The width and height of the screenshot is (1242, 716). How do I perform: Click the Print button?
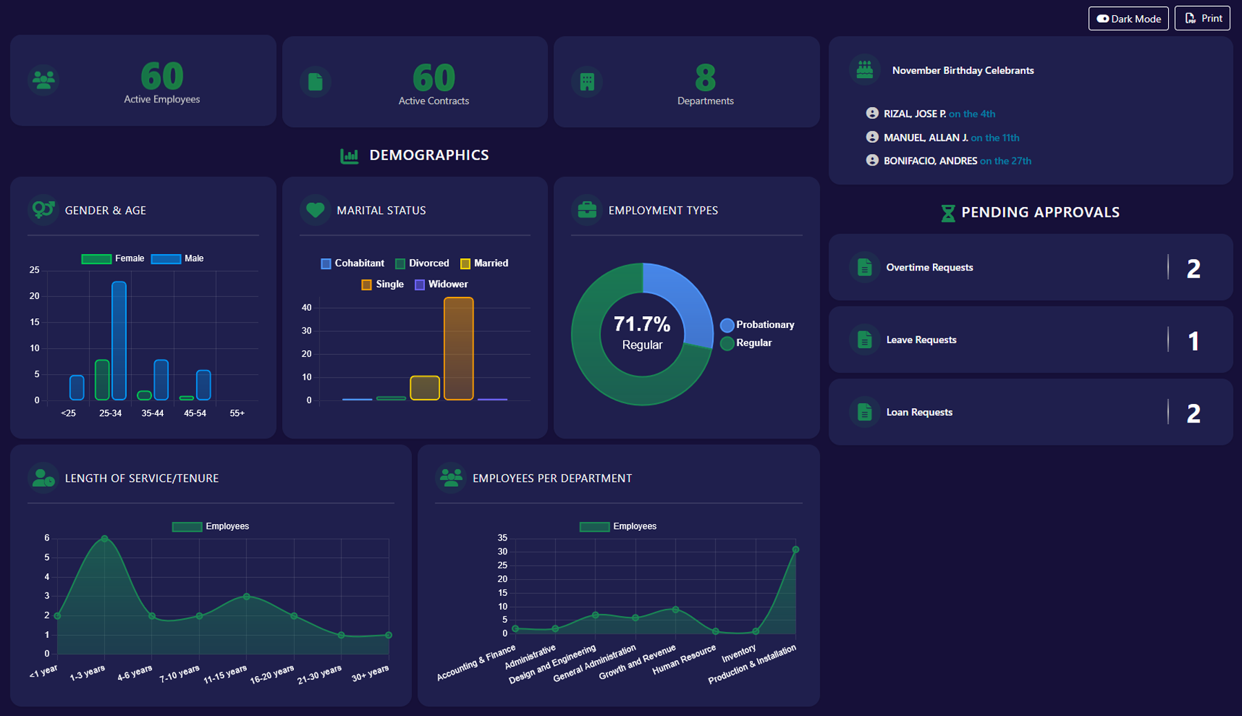point(1202,19)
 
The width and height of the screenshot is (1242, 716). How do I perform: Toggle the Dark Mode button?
point(1128,19)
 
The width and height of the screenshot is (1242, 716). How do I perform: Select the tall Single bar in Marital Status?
point(458,349)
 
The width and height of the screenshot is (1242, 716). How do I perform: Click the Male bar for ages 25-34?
point(119,340)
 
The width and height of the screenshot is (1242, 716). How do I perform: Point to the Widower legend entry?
point(441,284)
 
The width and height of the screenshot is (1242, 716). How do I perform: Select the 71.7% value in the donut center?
point(642,324)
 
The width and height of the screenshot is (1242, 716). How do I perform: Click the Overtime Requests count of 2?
point(1193,269)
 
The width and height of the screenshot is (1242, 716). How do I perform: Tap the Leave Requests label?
point(921,340)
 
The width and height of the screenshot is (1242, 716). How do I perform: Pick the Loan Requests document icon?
point(865,412)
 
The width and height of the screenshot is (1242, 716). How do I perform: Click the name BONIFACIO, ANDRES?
point(930,161)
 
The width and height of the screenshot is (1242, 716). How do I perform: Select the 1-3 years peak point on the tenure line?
point(104,539)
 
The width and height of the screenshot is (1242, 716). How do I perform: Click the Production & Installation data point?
point(796,550)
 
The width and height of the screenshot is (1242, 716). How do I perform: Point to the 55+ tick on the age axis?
point(237,413)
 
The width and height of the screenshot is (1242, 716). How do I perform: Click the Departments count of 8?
point(705,77)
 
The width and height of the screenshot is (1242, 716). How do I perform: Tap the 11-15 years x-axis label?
point(225,675)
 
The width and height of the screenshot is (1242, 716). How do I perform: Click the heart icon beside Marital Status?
point(315,210)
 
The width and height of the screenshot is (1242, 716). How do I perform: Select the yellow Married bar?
point(424,388)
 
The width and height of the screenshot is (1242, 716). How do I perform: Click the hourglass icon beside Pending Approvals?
point(948,213)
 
